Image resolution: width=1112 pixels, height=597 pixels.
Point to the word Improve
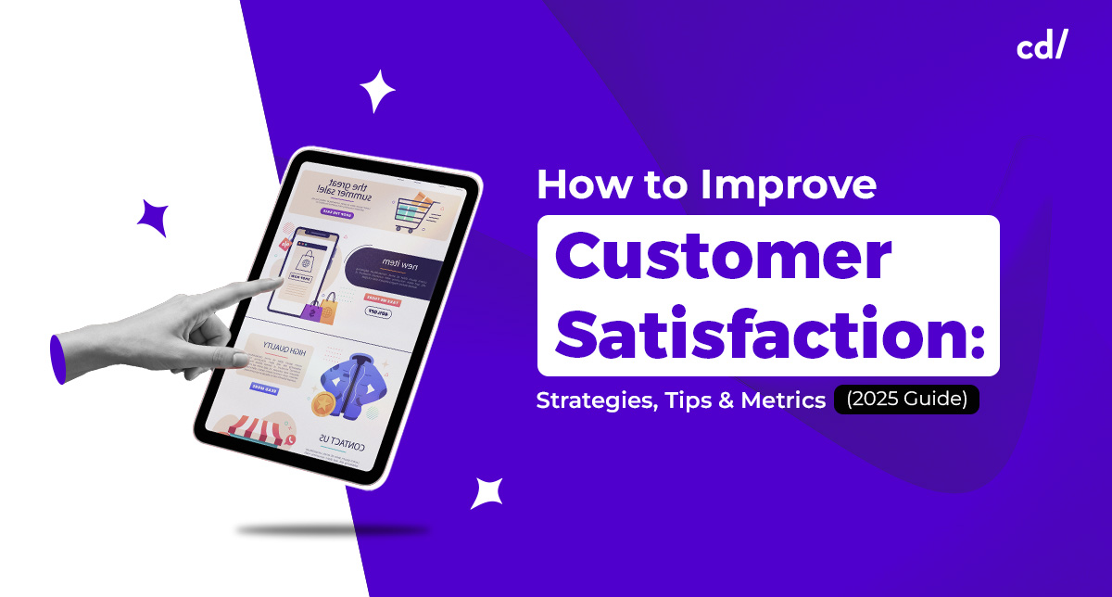pyautogui.click(x=789, y=186)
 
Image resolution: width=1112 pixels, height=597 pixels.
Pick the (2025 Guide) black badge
pyautogui.click(x=906, y=400)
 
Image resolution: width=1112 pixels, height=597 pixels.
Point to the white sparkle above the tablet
pyautogui.click(x=377, y=91)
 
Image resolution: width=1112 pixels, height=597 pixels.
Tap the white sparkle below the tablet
pyautogui.click(x=486, y=492)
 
